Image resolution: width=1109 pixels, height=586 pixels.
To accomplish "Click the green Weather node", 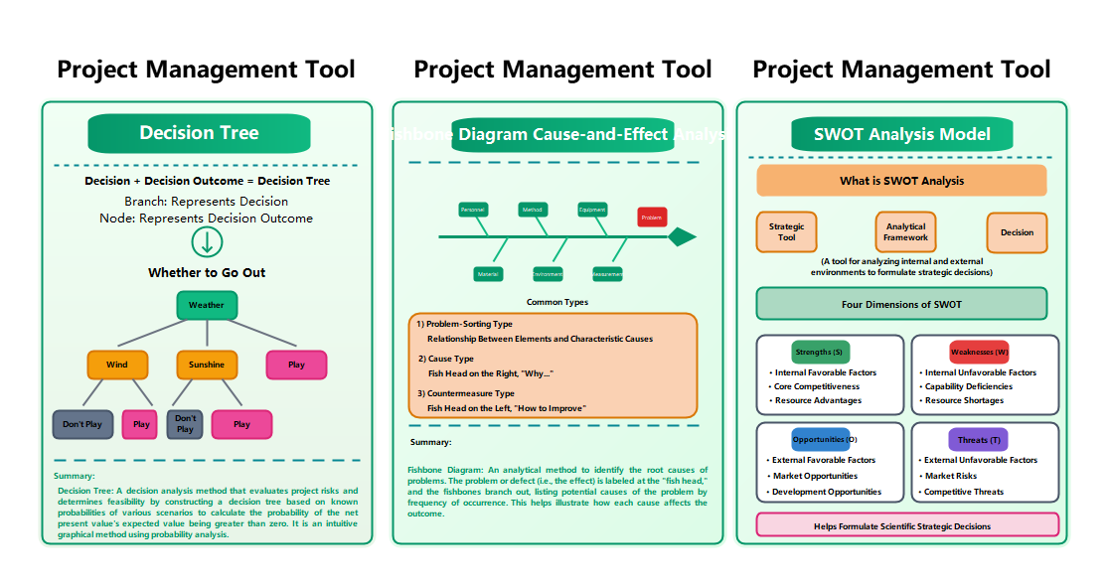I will pos(207,305).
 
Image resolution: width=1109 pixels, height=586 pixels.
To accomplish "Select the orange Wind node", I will pos(117,365).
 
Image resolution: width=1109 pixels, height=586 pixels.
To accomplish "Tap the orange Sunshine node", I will pos(207,365).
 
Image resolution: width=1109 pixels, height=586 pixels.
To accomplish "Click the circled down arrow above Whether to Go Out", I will pos(207,242).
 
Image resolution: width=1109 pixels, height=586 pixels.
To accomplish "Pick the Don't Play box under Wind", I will pos(82,424).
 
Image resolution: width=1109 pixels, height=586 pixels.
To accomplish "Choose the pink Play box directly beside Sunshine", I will pos(296,365).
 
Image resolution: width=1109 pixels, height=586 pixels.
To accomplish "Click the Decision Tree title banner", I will pos(199,133).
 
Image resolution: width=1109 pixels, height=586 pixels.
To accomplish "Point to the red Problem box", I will pos(652,217).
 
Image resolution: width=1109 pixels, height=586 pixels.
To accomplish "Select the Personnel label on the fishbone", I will pos(473,210).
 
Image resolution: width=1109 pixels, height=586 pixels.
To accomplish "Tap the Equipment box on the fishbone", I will pos(592,210).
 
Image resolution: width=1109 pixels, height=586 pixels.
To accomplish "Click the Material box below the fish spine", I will pos(488,273).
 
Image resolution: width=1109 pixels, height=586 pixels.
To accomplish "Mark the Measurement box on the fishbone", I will pos(607,273).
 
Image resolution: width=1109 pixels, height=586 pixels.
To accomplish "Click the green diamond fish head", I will pos(682,236).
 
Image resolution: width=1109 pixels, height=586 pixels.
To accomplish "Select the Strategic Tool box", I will pos(786,232).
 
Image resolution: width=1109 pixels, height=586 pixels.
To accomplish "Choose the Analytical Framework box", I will pos(905,232).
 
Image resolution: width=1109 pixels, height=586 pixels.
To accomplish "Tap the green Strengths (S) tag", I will pos(820,352).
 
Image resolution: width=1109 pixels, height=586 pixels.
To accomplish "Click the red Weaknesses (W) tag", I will pos(979,352).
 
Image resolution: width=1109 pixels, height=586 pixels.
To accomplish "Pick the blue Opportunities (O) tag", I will pos(820,439).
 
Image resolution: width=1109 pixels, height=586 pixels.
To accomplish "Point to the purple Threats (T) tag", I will pos(979,439).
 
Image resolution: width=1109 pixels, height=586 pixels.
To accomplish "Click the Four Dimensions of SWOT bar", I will pos(901,304).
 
